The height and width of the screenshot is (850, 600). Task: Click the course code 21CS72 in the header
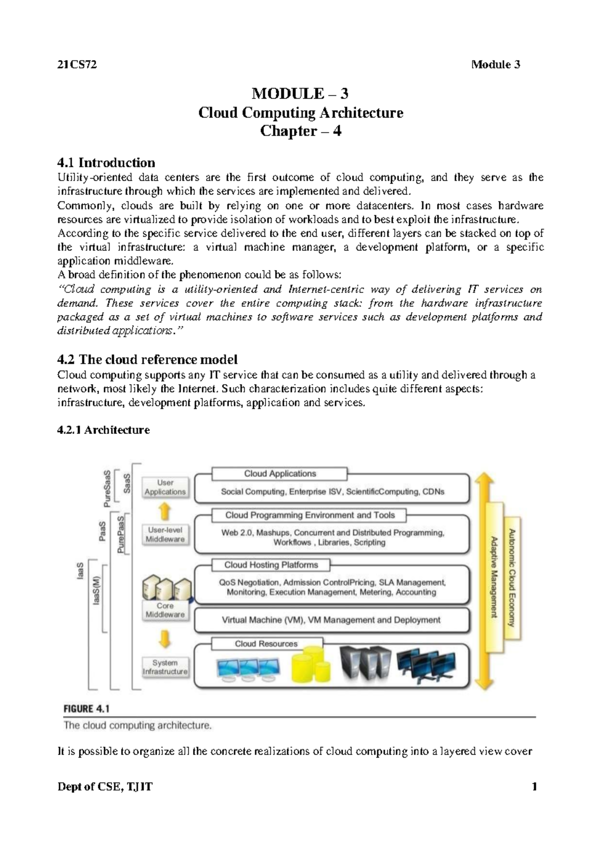click(x=77, y=64)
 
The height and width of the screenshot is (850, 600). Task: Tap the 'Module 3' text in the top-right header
click(x=495, y=64)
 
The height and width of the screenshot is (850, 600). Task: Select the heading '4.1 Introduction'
click(x=106, y=162)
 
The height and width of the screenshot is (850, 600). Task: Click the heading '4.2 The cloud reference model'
click(x=147, y=359)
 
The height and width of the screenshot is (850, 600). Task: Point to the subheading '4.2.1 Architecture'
click(x=103, y=430)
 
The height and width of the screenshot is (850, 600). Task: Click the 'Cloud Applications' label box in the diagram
click(x=279, y=473)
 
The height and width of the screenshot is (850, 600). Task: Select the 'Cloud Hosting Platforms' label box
click(x=270, y=564)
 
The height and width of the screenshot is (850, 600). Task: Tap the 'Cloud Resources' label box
click(x=266, y=643)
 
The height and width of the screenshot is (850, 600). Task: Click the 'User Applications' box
click(x=165, y=487)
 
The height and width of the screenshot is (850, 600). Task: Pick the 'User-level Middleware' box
click(x=165, y=534)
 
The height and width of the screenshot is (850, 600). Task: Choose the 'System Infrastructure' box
click(x=165, y=667)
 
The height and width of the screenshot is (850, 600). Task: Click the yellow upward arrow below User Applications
click(x=165, y=511)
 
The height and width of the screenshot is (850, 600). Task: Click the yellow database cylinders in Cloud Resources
click(x=310, y=664)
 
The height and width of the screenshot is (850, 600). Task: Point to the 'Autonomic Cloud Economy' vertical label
click(x=512, y=577)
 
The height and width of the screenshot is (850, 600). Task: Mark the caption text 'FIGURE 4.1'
click(x=86, y=708)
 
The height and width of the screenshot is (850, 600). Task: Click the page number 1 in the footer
click(x=534, y=786)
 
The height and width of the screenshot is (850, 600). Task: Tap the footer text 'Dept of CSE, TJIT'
click(x=104, y=786)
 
